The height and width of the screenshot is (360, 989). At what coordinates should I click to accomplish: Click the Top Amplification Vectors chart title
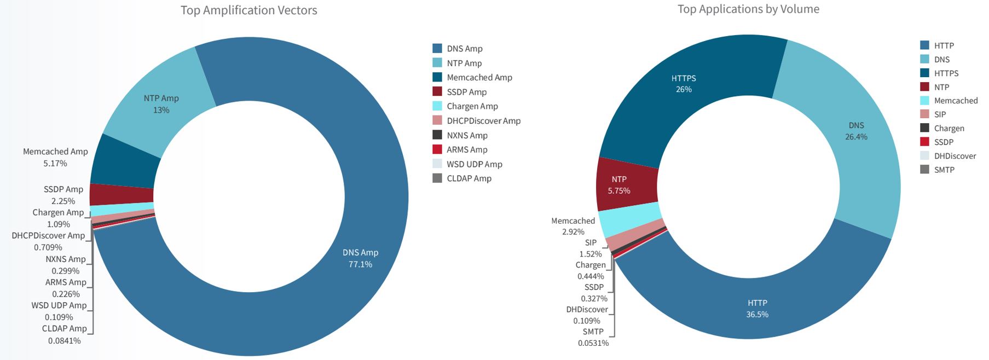[248, 10]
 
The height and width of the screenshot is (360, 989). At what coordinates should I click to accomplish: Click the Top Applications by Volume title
[748, 9]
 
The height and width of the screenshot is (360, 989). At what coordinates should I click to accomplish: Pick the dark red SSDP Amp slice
[121, 194]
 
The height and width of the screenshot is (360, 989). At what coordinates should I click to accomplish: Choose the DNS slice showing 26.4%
[857, 131]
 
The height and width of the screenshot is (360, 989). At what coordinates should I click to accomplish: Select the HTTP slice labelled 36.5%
[757, 309]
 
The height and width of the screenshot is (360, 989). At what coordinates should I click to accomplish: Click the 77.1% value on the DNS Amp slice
[360, 264]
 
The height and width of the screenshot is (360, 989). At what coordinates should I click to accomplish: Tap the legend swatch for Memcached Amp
[437, 77]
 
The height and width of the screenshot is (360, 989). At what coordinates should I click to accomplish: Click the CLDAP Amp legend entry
[469, 178]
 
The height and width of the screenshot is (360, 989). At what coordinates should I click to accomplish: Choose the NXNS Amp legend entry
[467, 135]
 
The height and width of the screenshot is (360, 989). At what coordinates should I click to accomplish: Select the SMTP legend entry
[944, 170]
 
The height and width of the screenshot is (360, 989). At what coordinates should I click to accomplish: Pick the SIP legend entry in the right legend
[940, 114]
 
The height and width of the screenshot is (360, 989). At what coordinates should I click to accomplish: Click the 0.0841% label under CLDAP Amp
[65, 341]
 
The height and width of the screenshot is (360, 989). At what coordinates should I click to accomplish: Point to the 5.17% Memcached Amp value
[55, 164]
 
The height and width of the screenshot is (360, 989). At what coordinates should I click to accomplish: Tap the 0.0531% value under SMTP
[593, 343]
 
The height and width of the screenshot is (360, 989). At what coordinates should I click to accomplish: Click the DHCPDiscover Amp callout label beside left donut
[48, 236]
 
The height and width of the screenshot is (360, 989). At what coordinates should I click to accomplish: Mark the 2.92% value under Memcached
[573, 232]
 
